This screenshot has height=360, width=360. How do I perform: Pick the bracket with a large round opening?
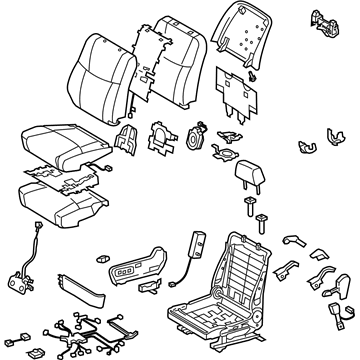[160, 134]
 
